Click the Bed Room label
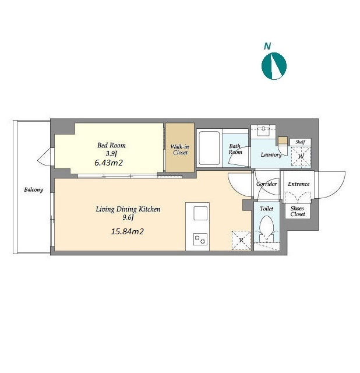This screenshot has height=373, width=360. tap(111, 145)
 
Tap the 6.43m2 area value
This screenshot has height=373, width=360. tap(109, 163)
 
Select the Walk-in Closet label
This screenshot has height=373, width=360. tap(180, 150)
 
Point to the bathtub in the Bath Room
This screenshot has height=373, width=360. tap(209, 147)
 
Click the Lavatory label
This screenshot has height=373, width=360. tap(271, 155)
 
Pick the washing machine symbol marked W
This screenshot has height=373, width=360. tap(301, 156)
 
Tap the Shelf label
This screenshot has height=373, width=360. tap(300, 142)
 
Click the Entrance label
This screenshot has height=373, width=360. tap(299, 184)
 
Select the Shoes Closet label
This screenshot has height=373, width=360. tap(297, 211)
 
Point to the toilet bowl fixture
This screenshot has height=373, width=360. tap(267, 227)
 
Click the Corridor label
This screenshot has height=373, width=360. tap(267, 184)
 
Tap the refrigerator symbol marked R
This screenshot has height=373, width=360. tap(241, 240)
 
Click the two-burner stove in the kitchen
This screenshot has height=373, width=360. tap(200, 240)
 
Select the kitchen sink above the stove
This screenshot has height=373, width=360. tap(200, 213)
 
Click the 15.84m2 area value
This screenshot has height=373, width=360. tap(127, 231)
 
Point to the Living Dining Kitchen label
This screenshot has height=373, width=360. tap(128, 209)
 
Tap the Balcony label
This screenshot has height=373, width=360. tap(34, 190)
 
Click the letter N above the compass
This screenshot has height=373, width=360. tap(267, 46)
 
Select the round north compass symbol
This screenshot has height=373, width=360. tap(274, 66)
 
